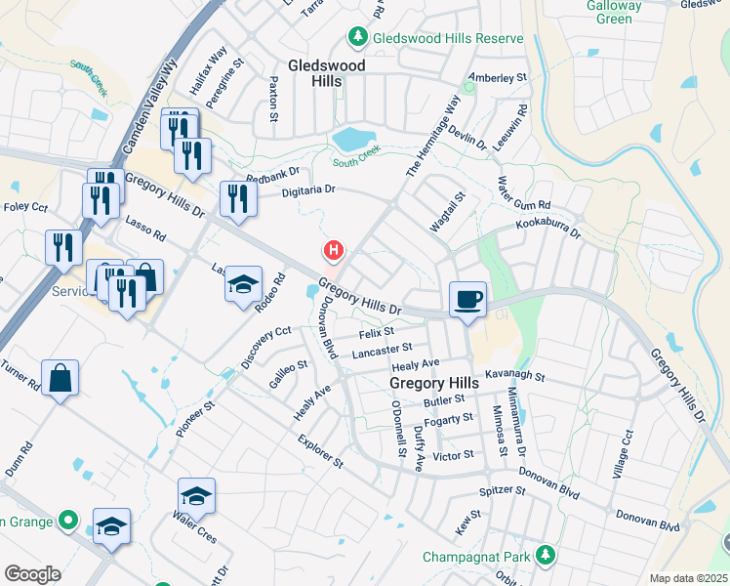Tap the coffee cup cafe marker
468,299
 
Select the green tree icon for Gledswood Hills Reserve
358,38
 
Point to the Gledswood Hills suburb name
326,73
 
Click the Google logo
32,574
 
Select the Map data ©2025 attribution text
689,578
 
